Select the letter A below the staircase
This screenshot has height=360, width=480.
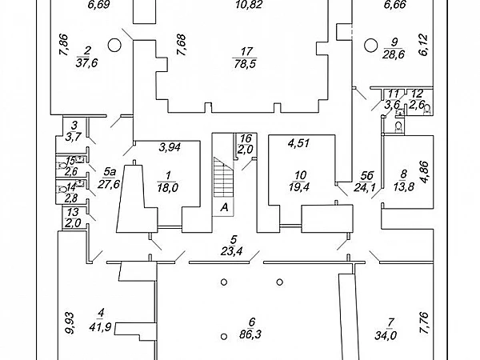225,206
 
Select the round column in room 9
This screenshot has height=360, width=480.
370,44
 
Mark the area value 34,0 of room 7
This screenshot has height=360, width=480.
390,335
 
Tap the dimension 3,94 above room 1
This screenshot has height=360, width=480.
170,146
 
